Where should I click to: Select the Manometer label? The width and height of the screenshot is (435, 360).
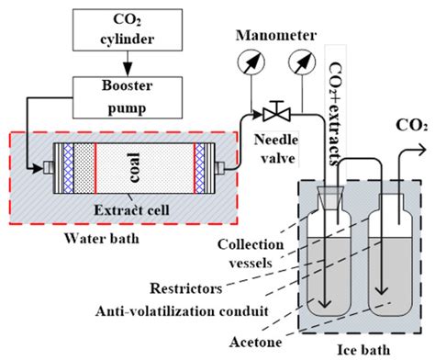point(270,36)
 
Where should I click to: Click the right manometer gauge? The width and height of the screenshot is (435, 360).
point(299,63)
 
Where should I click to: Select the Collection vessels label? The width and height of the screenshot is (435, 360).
point(240,250)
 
